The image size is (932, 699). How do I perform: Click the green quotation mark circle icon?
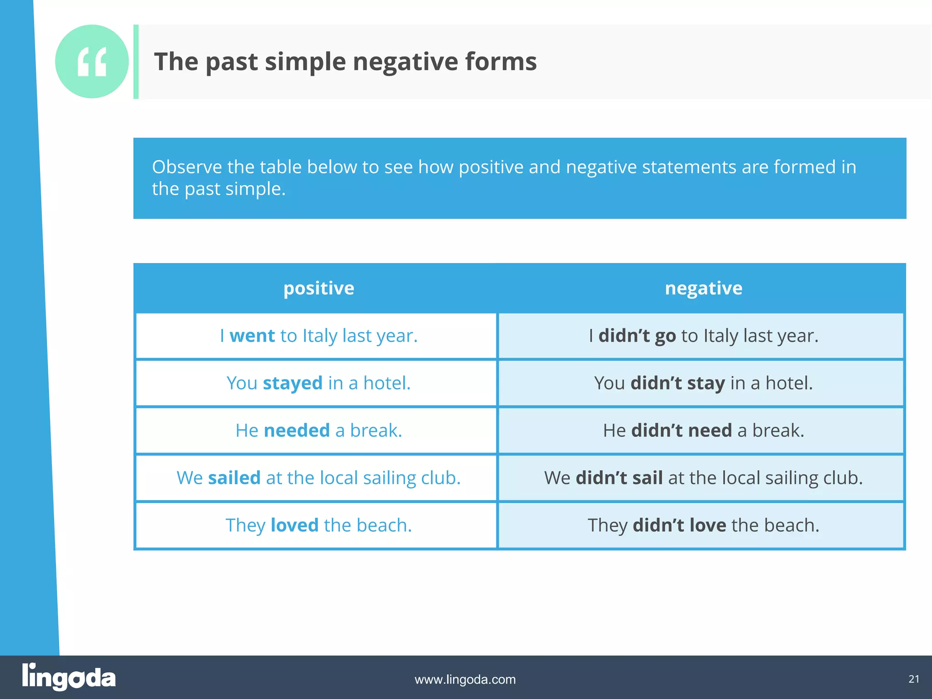click(92, 61)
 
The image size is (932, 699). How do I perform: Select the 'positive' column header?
click(319, 288)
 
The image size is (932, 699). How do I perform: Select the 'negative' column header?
click(704, 288)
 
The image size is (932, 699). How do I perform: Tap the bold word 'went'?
click(252, 336)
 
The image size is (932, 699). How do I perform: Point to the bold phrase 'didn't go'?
click(637, 336)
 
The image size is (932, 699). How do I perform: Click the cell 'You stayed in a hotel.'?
click(319, 383)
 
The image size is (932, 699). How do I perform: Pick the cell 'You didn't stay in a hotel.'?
click(703, 383)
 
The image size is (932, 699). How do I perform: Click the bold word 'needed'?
click(297, 431)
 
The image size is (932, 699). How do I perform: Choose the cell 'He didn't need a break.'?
click(703, 431)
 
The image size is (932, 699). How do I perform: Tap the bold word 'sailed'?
click(234, 478)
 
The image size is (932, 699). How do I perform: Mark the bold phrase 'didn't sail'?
click(619, 478)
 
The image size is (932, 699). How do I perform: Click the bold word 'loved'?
click(294, 525)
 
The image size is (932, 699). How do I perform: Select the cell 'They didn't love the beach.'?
click(703, 525)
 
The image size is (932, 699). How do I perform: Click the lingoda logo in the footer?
click(69, 677)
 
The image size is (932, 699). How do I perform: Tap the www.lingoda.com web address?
click(465, 679)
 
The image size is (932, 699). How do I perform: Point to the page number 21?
click(914, 679)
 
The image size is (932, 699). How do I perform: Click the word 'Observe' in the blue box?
click(187, 167)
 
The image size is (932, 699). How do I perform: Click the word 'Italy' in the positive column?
click(320, 336)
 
